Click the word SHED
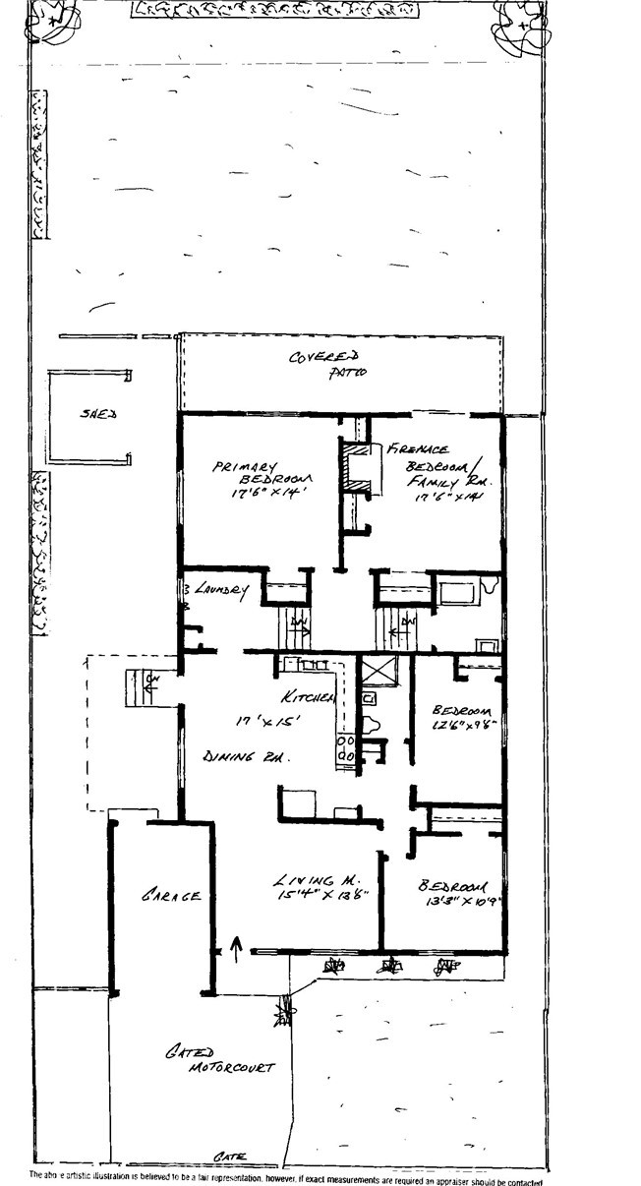97,415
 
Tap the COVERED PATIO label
328,364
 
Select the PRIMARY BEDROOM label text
248,475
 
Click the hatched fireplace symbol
360,471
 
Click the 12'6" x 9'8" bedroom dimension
460,727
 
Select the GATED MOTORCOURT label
217,1060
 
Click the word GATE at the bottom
233,1156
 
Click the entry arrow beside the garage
235,946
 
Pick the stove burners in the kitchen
345,748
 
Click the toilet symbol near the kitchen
372,724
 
